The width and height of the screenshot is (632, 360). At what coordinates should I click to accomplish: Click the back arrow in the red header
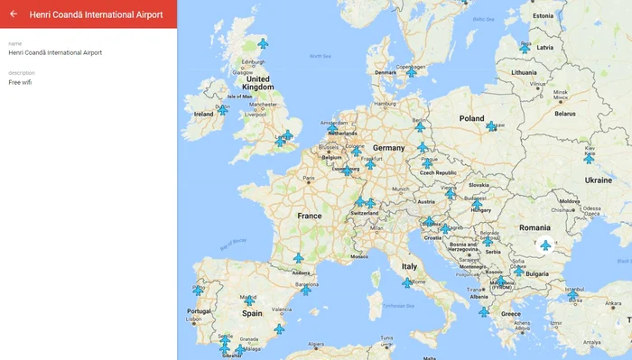(14, 14)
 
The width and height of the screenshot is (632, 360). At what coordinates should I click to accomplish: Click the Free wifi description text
(22, 81)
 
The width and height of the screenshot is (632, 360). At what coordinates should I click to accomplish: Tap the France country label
(309, 217)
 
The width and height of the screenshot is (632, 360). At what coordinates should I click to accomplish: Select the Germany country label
(388, 147)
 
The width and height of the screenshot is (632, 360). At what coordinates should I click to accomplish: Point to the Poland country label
(471, 118)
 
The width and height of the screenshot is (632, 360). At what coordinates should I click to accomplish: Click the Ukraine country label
(598, 180)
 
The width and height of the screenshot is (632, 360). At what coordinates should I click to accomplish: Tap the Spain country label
(251, 314)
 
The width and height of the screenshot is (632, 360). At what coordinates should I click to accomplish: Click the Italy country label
(409, 267)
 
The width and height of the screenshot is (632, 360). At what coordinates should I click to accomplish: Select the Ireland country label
(203, 115)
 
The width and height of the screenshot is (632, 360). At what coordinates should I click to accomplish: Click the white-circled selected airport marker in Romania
(544, 245)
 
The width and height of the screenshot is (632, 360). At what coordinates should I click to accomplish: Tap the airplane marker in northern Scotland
(263, 42)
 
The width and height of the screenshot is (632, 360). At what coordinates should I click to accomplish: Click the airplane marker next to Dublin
(223, 110)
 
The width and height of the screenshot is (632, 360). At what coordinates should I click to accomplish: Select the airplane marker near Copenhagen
(411, 72)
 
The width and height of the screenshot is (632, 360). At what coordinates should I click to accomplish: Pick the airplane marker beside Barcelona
(306, 290)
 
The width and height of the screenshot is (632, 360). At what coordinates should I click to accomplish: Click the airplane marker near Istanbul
(572, 295)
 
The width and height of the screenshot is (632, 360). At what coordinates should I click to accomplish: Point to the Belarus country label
(564, 114)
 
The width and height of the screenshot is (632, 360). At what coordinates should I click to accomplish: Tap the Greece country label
(510, 314)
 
